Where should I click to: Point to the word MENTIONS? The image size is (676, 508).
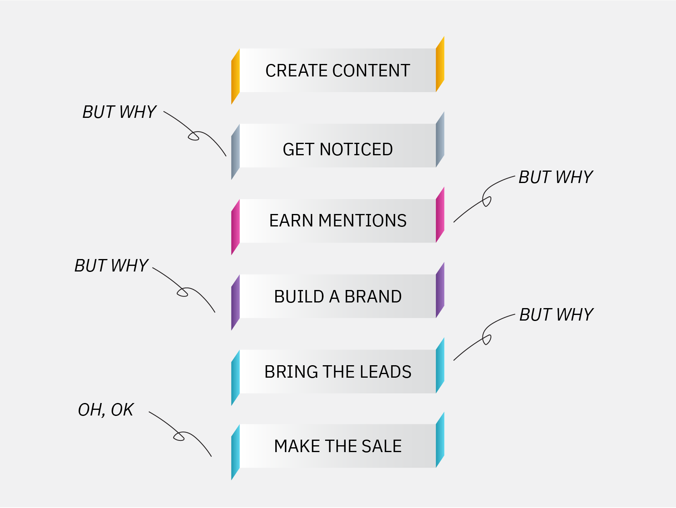coord(363,221)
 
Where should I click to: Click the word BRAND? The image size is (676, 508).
coord(373,297)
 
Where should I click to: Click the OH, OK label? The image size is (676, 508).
coord(106,410)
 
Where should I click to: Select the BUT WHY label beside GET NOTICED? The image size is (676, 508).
coord(119,112)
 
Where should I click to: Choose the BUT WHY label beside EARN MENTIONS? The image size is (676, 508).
coord(556,177)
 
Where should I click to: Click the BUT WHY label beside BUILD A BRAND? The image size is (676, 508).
coord(111,266)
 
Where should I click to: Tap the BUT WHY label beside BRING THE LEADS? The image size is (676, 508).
coord(556,315)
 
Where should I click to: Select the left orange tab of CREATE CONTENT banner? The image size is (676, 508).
coord(235,76)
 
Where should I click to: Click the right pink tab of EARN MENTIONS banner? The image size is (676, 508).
coord(440,215)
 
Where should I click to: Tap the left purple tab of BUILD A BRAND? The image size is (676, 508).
coord(235,302)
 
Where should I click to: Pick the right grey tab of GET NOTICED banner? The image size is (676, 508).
coord(440,140)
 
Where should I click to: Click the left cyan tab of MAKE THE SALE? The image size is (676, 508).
coord(235,452)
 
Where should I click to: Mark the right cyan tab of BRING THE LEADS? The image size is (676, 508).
coord(440,366)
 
